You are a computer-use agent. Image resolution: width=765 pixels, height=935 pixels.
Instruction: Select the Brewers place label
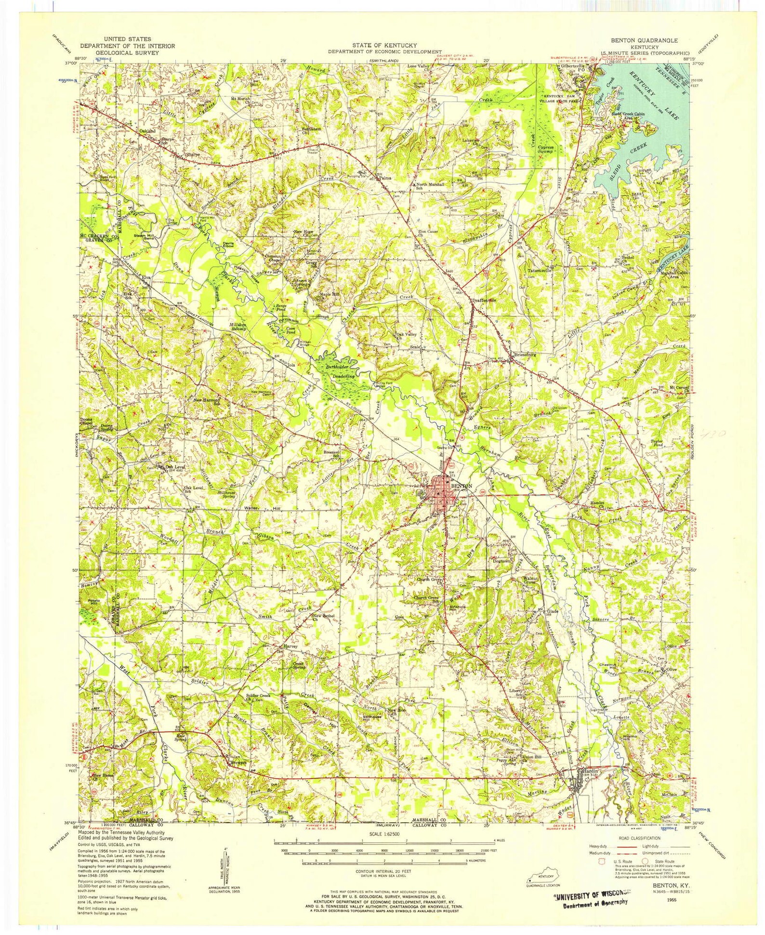(239, 762)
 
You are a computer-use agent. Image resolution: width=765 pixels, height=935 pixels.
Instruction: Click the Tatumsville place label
(539, 271)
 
